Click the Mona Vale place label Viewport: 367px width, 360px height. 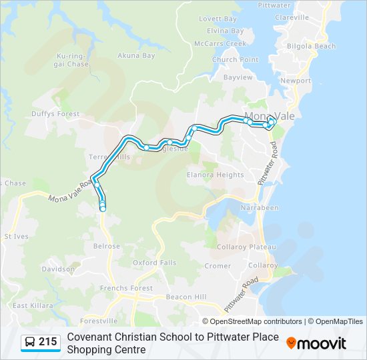point(270,115)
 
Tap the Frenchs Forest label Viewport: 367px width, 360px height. point(126,288)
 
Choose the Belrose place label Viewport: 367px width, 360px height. point(107,246)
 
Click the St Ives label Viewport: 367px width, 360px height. point(16,236)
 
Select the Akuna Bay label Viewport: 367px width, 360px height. point(136,55)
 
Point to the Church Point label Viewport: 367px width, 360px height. point(235,60)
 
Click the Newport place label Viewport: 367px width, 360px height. point(296,81)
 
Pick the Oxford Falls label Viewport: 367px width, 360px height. point(154,263)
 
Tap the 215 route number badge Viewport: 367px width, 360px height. point(41,342)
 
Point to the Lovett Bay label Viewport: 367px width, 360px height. point(218,19)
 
